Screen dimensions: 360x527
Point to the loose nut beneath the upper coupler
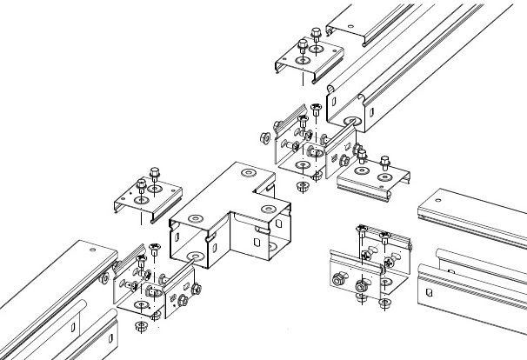click(302, 186)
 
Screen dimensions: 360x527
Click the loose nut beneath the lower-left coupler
click(138, 328)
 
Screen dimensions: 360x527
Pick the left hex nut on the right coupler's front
click(338, 279)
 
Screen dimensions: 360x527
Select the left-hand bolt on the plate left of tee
click(142, 185)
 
